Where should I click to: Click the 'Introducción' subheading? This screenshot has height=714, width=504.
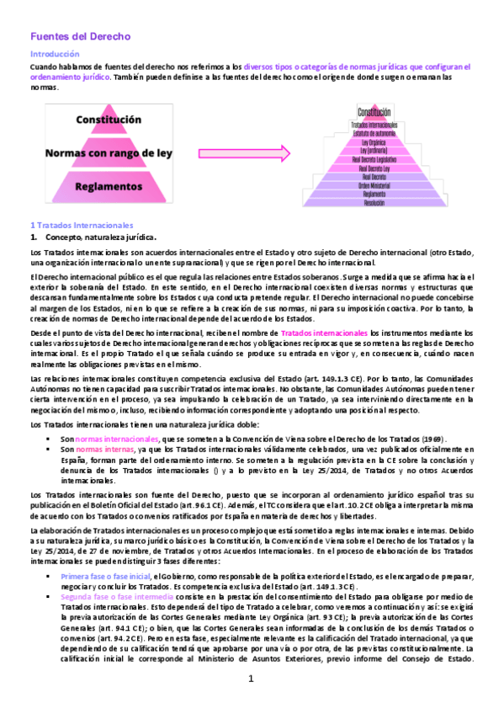[55, 53]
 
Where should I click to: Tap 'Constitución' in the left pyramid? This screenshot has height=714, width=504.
[109, 120]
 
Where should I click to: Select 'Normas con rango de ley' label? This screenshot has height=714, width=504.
[109, 154]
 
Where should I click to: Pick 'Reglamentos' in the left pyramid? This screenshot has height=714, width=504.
[109, 187]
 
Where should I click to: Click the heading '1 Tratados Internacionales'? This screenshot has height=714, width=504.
[82, 226]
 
